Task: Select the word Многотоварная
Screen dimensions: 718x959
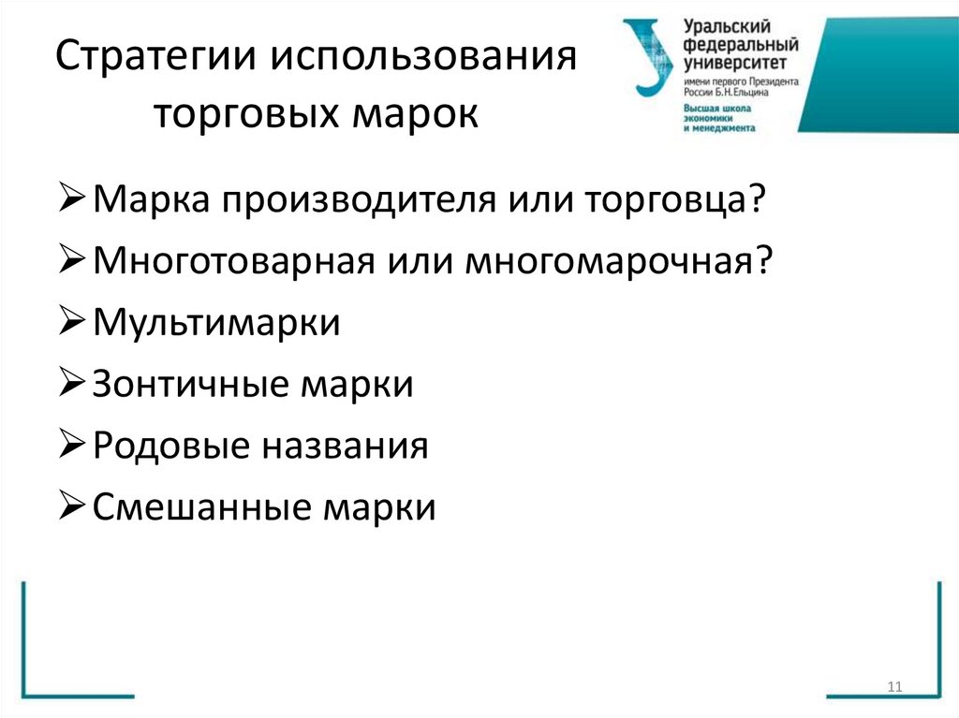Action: pos(233,262)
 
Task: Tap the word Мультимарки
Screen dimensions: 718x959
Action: pos(217,324)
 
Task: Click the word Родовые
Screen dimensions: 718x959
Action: pos(172,447)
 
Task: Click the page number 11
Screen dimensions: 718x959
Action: pos(893,688)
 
